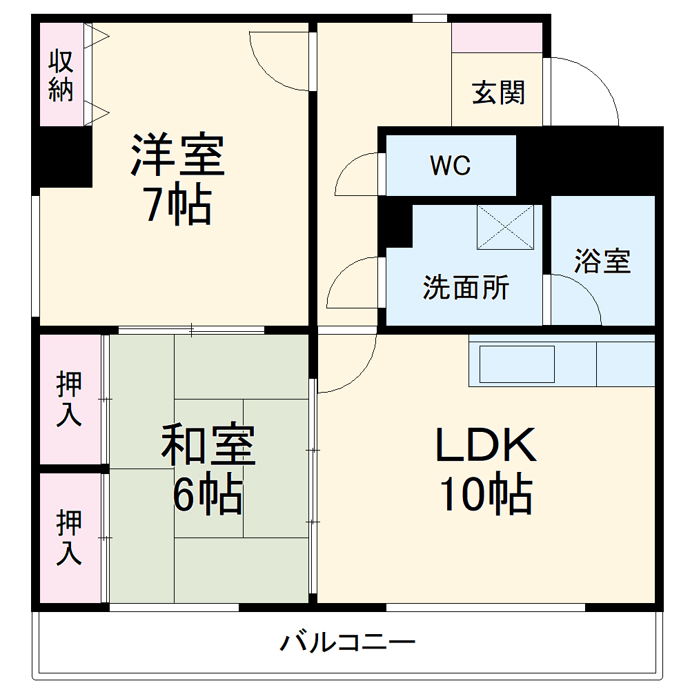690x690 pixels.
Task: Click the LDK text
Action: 486,446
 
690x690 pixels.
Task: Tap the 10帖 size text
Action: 486,494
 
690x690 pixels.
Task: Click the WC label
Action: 450,166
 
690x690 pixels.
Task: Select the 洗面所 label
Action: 466,287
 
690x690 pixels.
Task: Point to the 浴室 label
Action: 602,261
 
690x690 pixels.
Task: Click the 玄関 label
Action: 498,92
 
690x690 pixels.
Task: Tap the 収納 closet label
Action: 61,76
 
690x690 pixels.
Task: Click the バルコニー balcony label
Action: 348,643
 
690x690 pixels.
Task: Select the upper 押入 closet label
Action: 69,399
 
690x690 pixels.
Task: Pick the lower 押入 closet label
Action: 69,537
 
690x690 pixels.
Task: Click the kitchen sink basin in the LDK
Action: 517,364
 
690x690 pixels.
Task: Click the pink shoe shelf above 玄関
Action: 497,37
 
